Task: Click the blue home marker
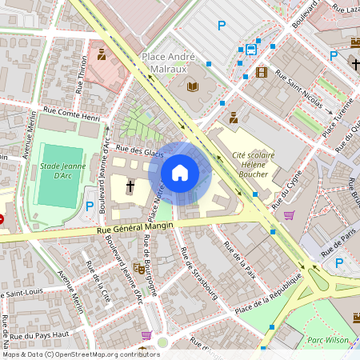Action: coord(180,172)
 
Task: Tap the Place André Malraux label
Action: coord(179,57)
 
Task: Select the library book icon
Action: coord(192,86)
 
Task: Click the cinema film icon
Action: coord(261,72)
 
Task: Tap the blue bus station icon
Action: coord(250,50)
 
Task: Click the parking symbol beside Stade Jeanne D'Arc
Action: coord(90,206)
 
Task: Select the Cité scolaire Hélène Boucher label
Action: coord(253,164)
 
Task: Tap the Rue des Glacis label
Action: coord(140,152)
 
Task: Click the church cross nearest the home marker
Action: coord(130,186)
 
